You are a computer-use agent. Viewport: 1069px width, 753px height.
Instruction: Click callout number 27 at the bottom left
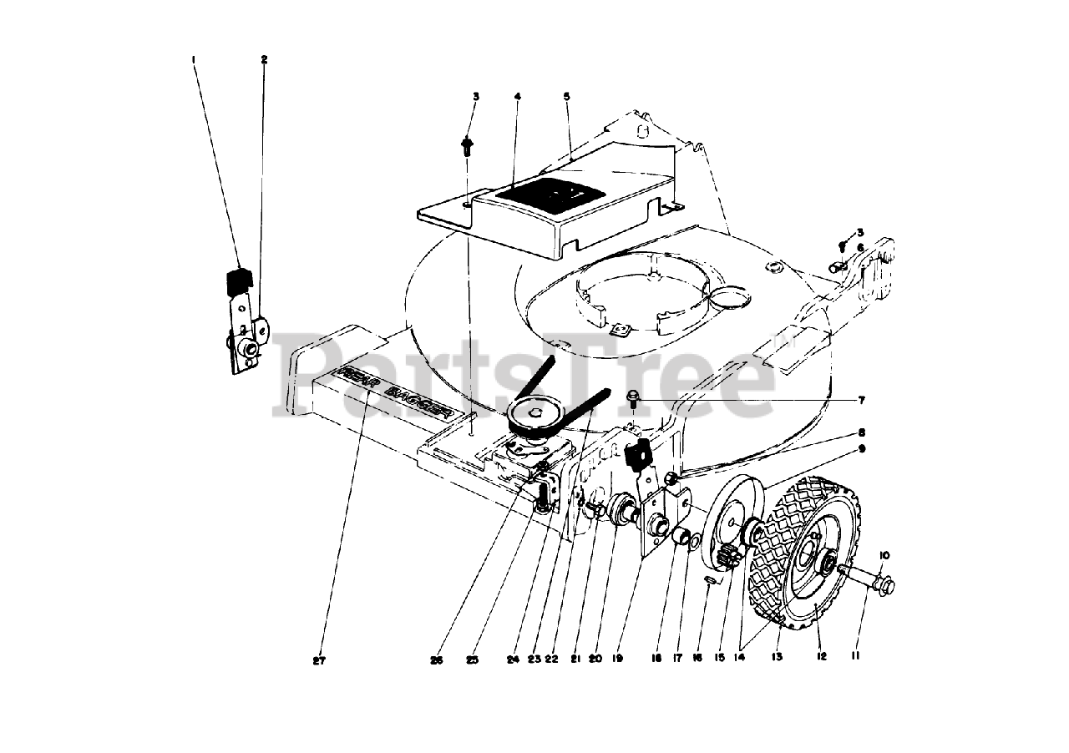(x=318, y=660)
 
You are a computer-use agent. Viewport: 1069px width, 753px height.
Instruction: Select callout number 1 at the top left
(x=193, y=59)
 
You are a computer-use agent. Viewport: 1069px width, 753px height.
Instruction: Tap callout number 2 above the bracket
(x=264, y=59)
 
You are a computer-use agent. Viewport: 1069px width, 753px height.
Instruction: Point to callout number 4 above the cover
(x=518, y=97)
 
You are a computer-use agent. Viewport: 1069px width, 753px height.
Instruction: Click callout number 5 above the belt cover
(x=566, y=97)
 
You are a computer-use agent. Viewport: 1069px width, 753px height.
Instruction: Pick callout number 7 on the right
(x=860, y=401)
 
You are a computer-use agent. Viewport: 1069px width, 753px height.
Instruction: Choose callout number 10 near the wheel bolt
(x=884, y=555)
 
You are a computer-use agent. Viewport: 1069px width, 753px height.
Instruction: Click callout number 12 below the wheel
(x=822, y=657)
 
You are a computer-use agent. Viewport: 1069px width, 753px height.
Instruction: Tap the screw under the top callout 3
(x=467, y=148)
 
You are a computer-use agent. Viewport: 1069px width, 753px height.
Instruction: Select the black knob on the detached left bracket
(x=240, y=280)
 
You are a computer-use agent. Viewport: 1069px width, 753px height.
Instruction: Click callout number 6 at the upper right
(x=860, y=247)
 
